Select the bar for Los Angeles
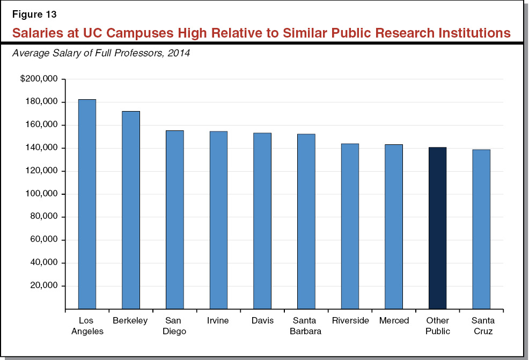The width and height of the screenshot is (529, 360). tap(87, 204)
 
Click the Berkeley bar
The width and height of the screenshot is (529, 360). tap(131, 210)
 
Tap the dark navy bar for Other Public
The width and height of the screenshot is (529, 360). tap(437, 228)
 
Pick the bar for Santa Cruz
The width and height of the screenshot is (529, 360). tap(481, 229)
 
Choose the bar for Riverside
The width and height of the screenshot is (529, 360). tap(350, 226)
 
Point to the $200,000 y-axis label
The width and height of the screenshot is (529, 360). tap(42, 79)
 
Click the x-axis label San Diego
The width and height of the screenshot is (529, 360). tap(175, 326)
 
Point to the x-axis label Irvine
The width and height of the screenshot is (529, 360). tap(218, 321)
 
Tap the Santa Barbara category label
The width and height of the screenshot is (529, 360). tap(306, 326)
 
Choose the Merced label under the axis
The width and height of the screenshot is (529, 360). tap(394, 321)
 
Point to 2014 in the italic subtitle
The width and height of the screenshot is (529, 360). tap(179, 54)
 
